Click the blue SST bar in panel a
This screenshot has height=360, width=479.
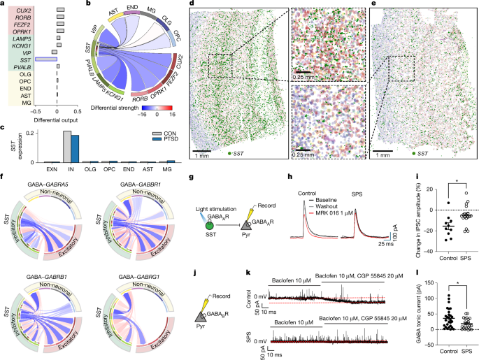click(x=45, y=60)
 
